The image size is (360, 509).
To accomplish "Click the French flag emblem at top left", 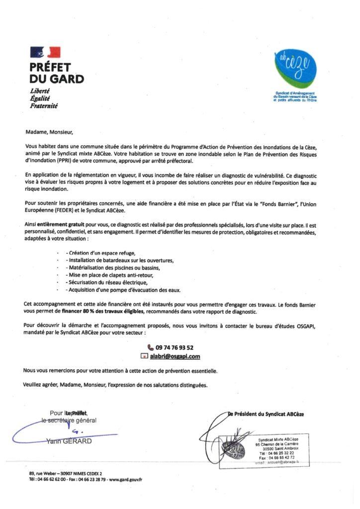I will [45, 52].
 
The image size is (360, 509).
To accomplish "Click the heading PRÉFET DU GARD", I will [56, 73].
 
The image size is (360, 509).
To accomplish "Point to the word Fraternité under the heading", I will [44, 106].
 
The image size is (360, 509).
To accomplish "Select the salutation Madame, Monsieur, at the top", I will [49, 133].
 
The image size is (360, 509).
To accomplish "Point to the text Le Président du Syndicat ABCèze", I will [266, 414].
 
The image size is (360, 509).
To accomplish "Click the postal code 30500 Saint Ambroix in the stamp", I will [278, 448].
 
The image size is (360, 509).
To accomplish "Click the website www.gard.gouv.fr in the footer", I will [125, 479].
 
